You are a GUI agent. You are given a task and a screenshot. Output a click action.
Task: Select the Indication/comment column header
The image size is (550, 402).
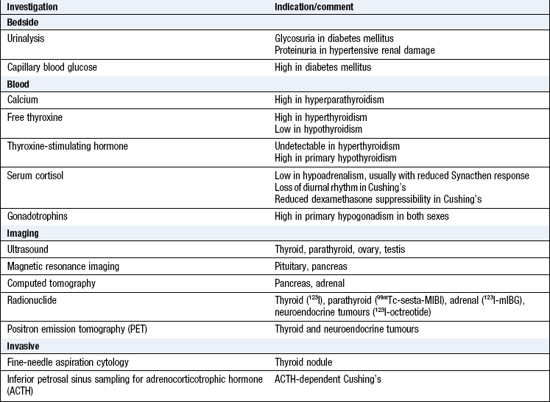[x=312, y=7]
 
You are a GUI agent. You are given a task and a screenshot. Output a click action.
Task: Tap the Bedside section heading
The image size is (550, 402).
[x=24, y=22]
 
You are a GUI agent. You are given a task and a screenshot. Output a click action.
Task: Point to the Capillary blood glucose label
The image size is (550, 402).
[x=52, y=67]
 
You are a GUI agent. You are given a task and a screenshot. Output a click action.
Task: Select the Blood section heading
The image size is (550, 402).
[x=19, y=84]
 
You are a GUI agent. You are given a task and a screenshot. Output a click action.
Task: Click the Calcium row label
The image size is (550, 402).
[x=23, y=99]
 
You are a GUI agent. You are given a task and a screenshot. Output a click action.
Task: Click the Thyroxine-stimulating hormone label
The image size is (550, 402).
[x=68, y=146]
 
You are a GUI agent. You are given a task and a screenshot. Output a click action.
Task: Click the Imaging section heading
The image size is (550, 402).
[x=24, y=233]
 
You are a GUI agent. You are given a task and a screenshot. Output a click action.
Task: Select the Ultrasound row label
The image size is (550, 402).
[x=28, y=249]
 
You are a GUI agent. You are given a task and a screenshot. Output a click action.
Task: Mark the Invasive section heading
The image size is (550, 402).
[x=24, y=344]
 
